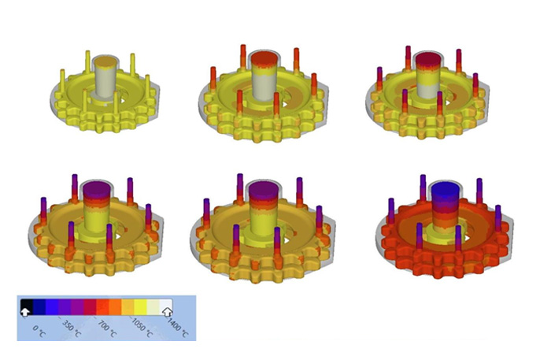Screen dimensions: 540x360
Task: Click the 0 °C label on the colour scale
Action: click(x=39, y=331)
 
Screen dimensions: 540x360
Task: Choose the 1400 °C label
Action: click(x=178, y=328)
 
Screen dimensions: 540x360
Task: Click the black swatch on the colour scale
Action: click(x=27, y=305)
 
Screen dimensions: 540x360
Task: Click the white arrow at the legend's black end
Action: click(x=25, y=312)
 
